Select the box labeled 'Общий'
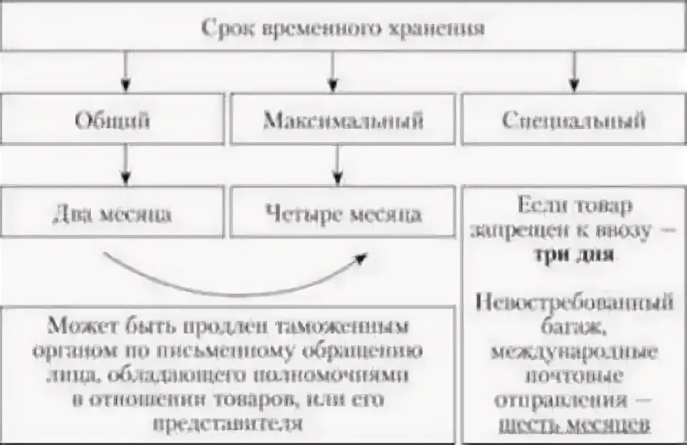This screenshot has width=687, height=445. tap(113, 119)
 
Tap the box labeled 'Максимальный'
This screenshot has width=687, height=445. tap(343, 119)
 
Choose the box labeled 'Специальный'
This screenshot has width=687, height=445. tap(573, 119)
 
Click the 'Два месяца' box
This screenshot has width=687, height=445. tap(113, 214)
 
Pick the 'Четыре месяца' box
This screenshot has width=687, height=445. tap(343, 214)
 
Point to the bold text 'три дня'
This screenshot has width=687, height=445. tap(573, 255)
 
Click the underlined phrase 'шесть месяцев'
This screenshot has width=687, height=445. tap(573, 424)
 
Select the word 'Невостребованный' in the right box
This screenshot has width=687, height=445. tap(573, 304)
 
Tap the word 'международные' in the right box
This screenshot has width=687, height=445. tap(573, 352)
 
